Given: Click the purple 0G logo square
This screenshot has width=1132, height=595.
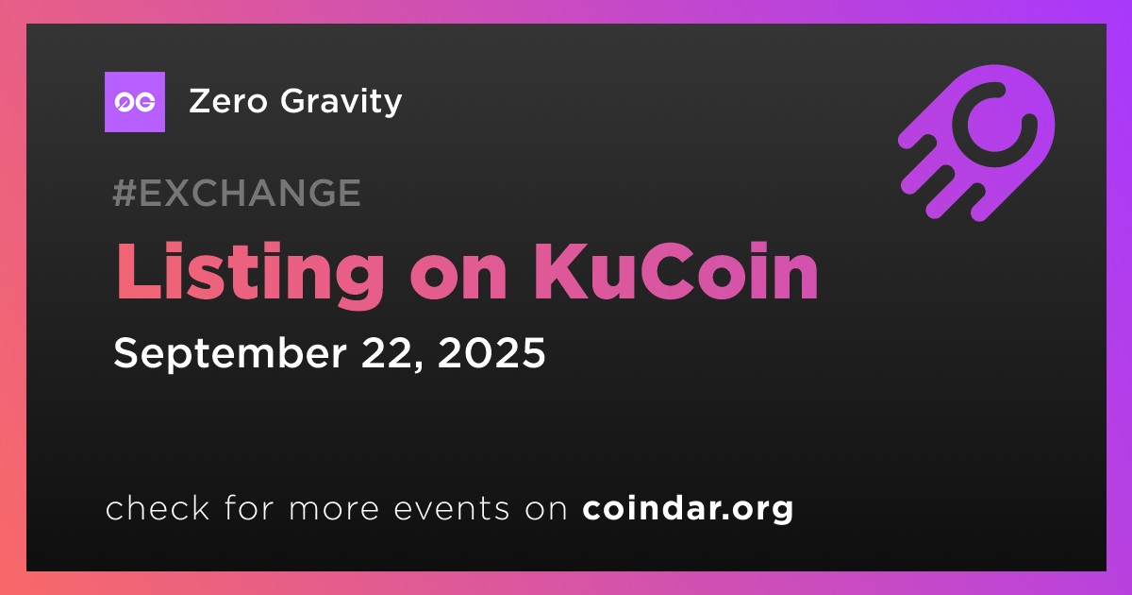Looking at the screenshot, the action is (135, 102).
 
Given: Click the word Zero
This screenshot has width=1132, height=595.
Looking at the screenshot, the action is (228, 101).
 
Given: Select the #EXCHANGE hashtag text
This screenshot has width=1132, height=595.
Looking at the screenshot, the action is (237, 193).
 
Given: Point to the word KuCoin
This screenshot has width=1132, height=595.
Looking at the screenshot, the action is (675, 271).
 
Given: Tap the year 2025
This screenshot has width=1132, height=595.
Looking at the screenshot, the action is (491, 352).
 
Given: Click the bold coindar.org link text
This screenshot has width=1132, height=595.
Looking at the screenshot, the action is (688, 509).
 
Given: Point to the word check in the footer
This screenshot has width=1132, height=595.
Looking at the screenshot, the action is (158, 508).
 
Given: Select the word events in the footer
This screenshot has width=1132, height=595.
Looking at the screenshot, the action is (451, 509).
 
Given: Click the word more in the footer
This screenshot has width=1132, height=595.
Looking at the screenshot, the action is (334, 510).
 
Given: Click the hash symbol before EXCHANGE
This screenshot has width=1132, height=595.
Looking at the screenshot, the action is (125, 193).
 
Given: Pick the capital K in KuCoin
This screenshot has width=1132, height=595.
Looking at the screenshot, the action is (560, 272).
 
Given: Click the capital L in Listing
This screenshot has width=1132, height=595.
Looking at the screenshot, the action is (139, 272).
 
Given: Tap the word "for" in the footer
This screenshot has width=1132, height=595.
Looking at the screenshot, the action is (250, 508).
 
